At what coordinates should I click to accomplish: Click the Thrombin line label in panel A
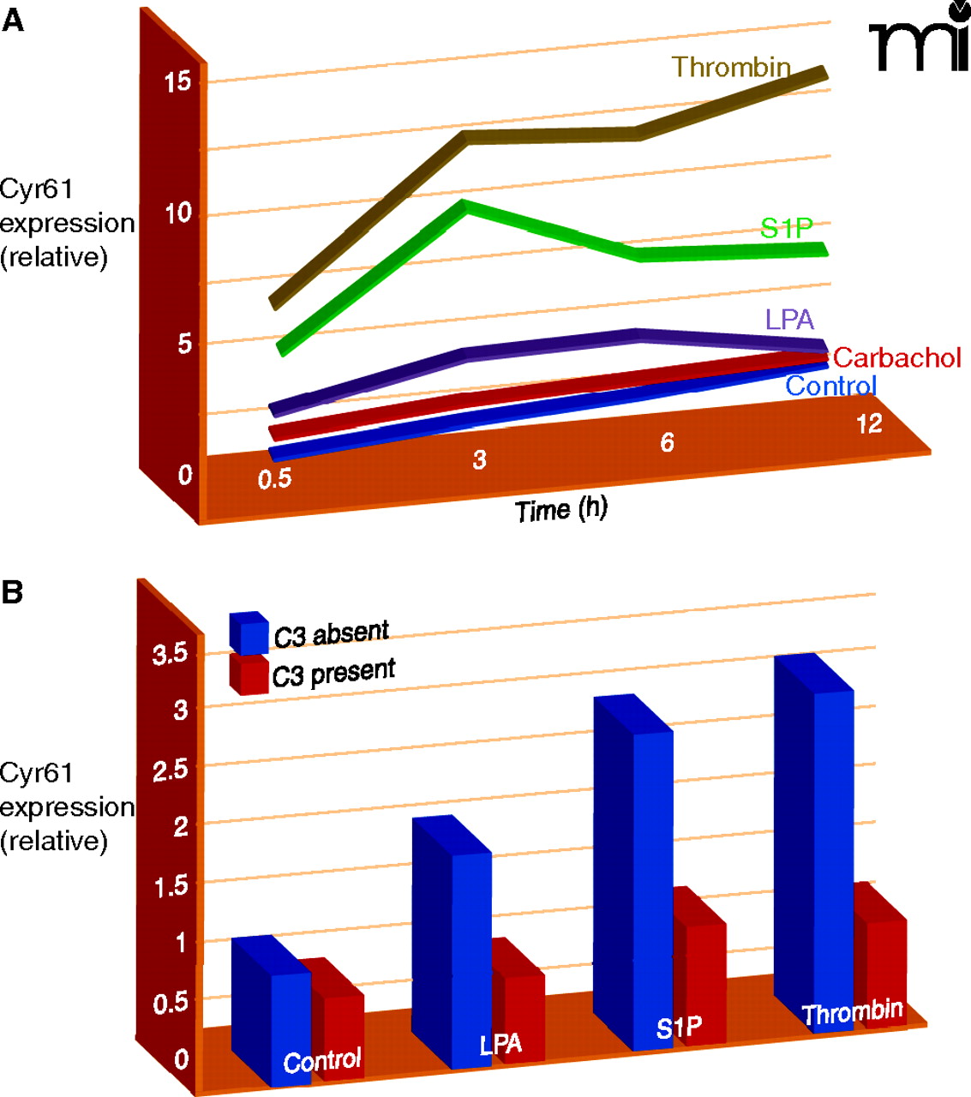tap(730, 67)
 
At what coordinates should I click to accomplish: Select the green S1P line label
tap(786, 228)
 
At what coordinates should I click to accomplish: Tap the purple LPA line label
tap(789, 320)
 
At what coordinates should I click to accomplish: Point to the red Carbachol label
tap(896, 357)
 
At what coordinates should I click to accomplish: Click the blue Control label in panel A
tap(830, 386)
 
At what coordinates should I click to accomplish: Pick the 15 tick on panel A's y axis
tap(178, 82)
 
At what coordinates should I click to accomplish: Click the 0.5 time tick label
tap(274, 478)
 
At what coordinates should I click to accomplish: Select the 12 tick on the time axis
tap(868, 423)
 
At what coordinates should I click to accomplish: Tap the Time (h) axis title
tap(560, 510)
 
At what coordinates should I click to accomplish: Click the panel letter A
tap(13, 21)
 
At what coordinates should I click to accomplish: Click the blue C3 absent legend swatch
tap(249, 633)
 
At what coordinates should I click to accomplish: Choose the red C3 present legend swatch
tap(249, 674)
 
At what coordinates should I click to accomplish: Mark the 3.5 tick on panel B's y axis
tap(170, 655)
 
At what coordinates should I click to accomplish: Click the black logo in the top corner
tap(918, 39)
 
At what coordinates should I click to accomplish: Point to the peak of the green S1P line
tap(464, 207)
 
